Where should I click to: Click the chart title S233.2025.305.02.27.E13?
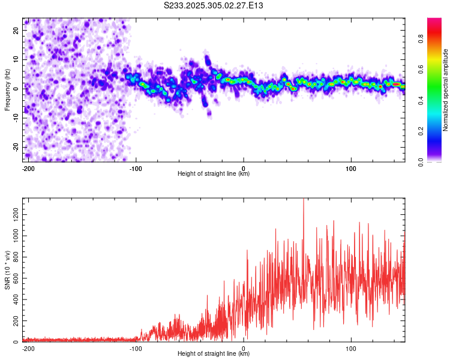(x=214, y=5)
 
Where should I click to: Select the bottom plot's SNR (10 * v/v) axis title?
(x=7, y=270)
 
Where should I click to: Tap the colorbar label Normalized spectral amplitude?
(x=446, y=90)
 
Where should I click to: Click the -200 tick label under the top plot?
(x=27, y=167)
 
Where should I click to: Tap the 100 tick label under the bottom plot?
(x=350, y=347)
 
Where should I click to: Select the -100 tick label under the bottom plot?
(x=136, y=347)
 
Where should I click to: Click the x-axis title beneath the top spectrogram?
(x=214, y=174)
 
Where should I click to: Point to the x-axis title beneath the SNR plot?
(x=214, y=354)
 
